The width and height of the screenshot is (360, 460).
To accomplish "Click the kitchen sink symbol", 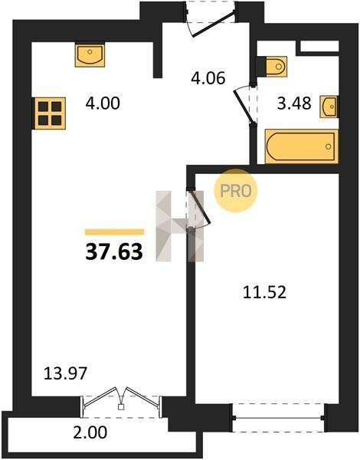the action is (x=90, y=55).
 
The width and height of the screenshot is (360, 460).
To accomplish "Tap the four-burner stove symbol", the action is (x=50, y=113).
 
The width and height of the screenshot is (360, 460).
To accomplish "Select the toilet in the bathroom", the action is (x=277, y=66).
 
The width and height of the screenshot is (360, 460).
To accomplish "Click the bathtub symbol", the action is (x=301, y=146).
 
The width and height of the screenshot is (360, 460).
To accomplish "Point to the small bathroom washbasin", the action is (x=329, y=107).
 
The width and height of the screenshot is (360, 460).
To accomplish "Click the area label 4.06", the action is (x=208, y=78).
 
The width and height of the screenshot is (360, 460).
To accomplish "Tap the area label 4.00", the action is (x=103, y=103).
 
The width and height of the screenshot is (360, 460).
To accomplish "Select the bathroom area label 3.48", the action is (x=294, y=103).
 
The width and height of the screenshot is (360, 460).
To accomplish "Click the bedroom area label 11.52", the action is (x=264, y=293).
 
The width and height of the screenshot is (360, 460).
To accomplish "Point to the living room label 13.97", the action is (x=65, y=374).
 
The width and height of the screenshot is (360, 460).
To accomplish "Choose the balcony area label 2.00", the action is (x=90, y=432).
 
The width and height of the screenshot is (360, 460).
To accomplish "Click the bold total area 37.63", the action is (x=114, y=252).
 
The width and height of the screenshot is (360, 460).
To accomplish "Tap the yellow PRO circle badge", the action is (x=236, y=191).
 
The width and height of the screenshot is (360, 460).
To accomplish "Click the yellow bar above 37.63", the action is (x=115, y=232).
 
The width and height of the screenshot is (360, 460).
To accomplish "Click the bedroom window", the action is (x=279, y=418).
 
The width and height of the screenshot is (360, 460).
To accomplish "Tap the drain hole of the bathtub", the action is (x=329, y=146).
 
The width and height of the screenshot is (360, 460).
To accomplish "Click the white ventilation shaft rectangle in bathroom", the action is (x=319, y=46).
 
